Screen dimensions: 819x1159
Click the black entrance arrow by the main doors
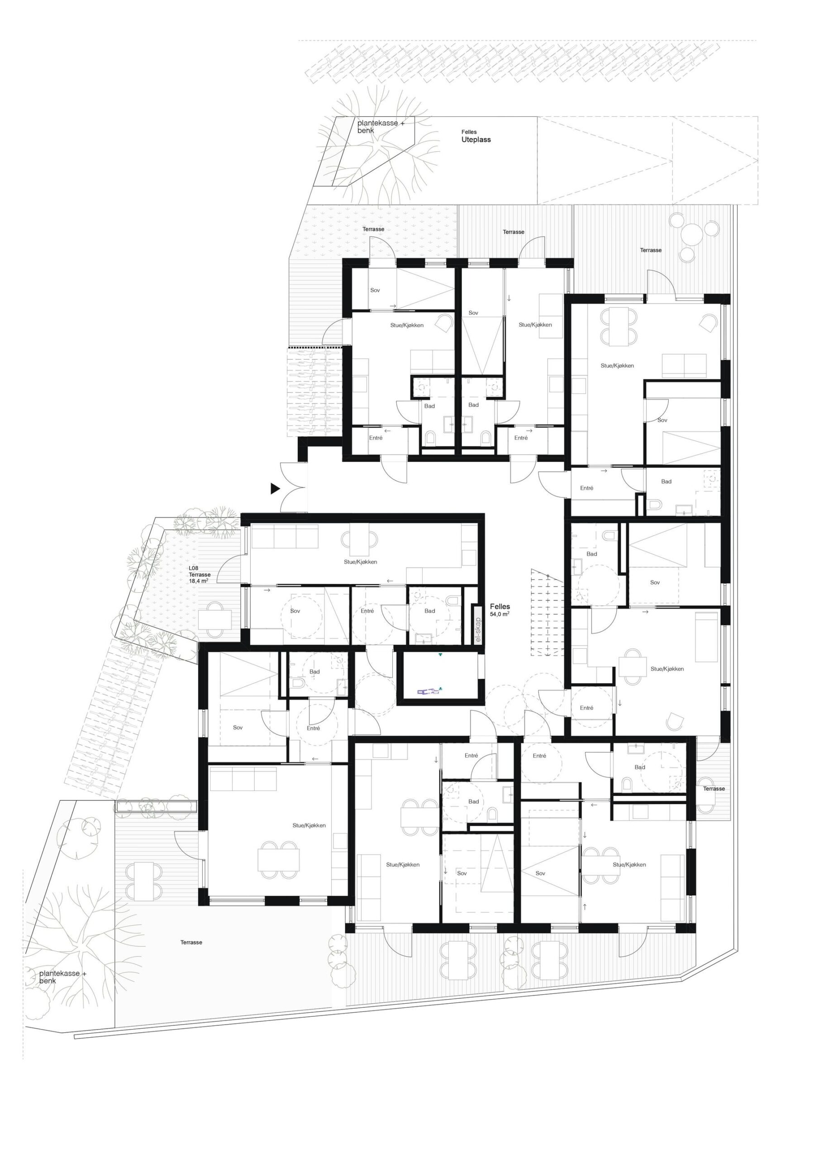275,488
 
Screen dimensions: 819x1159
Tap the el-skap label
478,630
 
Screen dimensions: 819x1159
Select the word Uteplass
476,140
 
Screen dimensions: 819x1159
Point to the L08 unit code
194,568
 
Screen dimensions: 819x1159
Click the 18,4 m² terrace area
198,581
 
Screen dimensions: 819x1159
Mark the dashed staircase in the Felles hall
547,612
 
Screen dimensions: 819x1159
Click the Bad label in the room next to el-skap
429,611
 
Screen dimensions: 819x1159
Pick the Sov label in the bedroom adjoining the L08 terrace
295,611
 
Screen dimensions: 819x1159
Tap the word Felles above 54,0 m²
500,607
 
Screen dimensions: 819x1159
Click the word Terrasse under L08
200,575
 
